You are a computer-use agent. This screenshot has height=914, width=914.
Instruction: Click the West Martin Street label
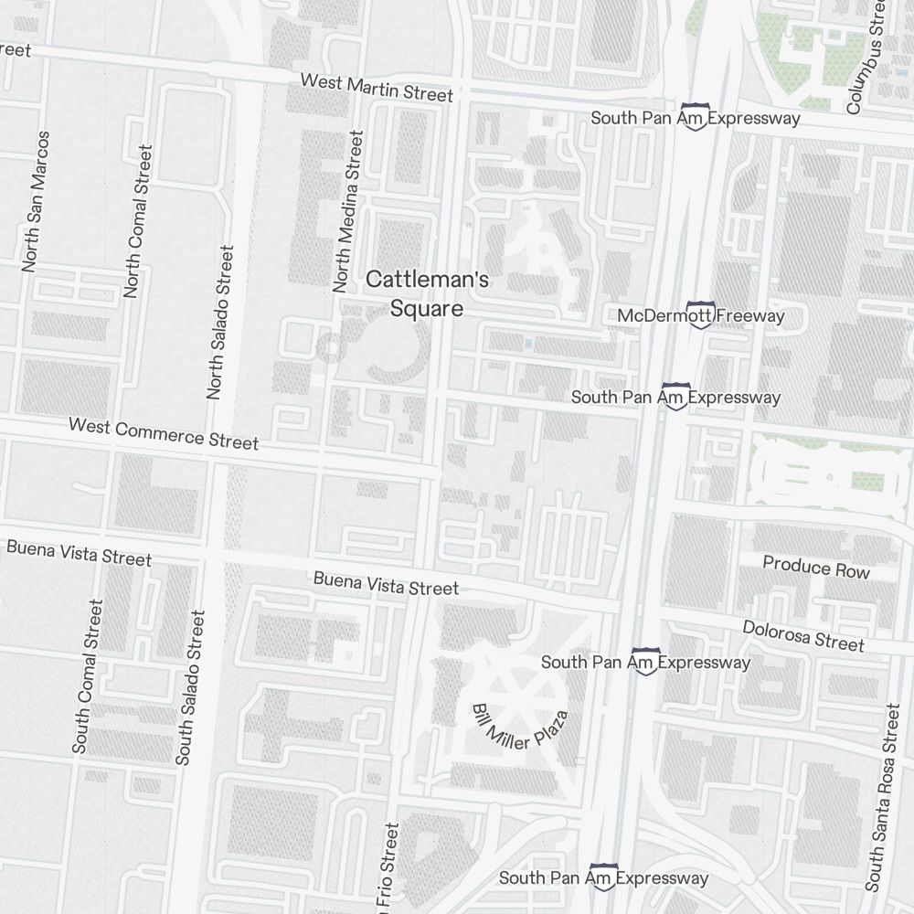pos(377,88)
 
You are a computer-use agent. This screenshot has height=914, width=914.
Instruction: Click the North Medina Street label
pos(348,211)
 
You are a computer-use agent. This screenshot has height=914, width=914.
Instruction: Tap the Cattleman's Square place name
pos(427,294)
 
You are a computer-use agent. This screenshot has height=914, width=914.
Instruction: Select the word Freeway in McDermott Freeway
pos(750,316)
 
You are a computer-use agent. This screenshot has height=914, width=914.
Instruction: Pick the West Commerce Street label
pos(164,433)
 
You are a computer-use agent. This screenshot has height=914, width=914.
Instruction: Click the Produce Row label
pos(816,567)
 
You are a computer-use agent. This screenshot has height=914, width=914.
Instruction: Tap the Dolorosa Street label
pos(802,636)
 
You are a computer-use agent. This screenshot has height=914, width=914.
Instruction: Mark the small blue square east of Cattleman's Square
pos(528,343)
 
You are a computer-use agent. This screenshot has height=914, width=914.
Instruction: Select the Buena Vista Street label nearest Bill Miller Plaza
pos(386,583)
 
